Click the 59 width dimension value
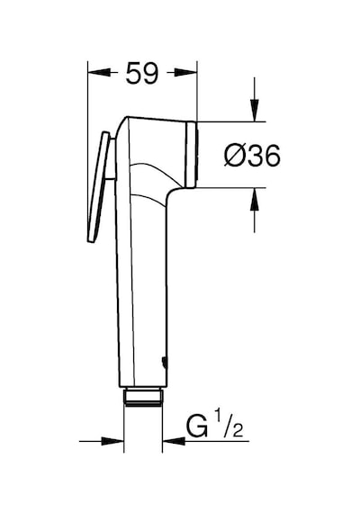[142, 73]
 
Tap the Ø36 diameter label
[252, 156]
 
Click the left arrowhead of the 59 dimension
[98, 72]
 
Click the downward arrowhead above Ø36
[255, 110]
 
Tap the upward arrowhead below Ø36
[255, 200]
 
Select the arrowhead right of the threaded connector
[174, 441]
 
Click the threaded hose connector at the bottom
[143, 397]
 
